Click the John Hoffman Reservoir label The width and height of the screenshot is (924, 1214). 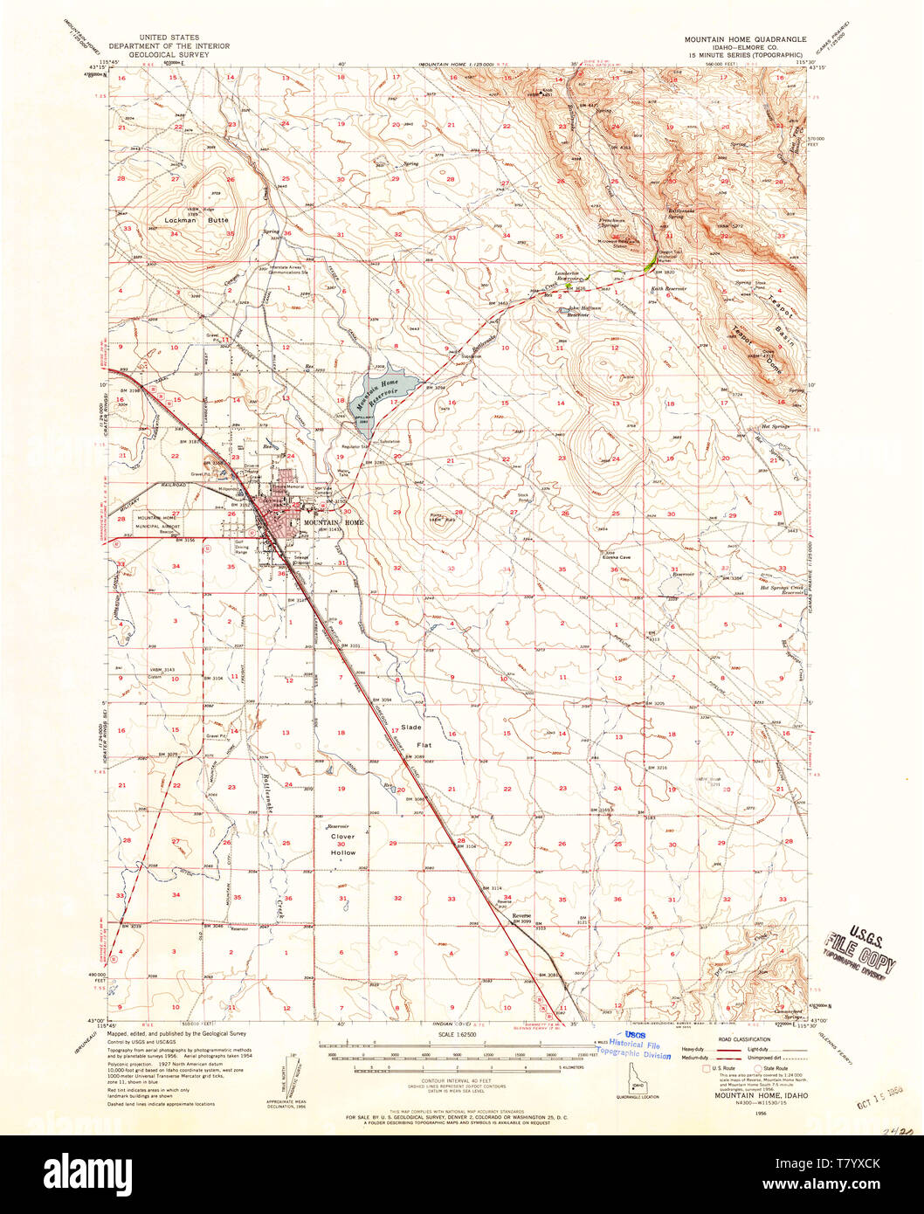click(x=585, y=310)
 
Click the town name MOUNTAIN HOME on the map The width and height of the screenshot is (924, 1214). click(x=331, y=522)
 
